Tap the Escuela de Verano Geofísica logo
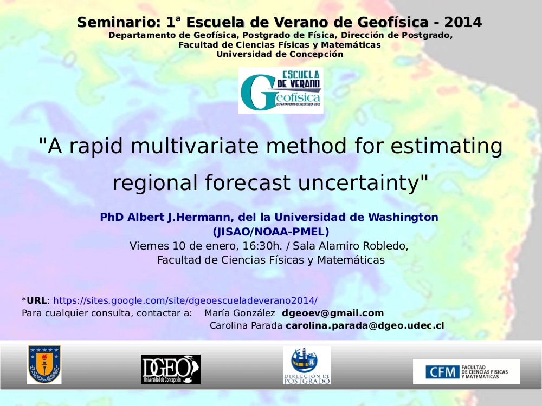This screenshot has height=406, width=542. (281, 90)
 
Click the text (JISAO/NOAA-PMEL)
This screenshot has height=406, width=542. (271, 232)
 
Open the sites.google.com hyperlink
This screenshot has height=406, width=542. (185, 300)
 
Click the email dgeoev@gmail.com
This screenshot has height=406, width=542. (333, 313)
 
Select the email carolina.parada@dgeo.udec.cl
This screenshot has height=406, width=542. (365, 325)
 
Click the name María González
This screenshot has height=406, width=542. (240, 313)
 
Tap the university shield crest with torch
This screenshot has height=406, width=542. (44, 364)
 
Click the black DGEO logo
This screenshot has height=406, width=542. (170, 369)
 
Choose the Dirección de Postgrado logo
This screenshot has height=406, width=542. (307, 365)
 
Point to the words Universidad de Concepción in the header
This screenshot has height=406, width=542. (280, 54)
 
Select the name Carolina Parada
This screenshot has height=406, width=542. (246, 325)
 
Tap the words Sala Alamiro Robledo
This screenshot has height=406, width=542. (350, 246)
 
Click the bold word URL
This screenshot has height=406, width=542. (37, 300)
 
